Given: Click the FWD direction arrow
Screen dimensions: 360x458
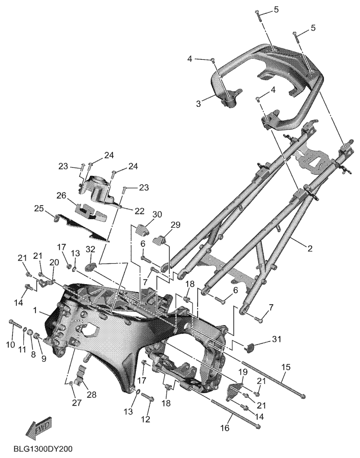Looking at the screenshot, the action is (40, 427).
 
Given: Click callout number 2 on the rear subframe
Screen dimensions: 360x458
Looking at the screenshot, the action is (310, 249).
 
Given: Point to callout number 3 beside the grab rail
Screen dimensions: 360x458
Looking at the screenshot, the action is (199, 103).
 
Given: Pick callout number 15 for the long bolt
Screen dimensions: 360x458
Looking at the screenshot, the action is (286, 368).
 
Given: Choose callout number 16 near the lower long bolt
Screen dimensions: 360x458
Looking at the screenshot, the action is (225, 428).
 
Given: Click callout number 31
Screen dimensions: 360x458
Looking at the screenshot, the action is (276, 339).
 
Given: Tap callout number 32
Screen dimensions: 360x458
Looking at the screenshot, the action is (90, 249).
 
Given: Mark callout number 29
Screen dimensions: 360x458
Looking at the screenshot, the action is (175, 225).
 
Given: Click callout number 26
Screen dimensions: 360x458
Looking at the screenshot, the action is (62, 195).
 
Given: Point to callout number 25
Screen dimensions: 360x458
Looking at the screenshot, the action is (39, 208).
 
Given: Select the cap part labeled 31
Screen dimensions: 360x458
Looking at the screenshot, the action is (249, 348).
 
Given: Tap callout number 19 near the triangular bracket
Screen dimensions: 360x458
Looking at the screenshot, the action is (243, 372).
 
